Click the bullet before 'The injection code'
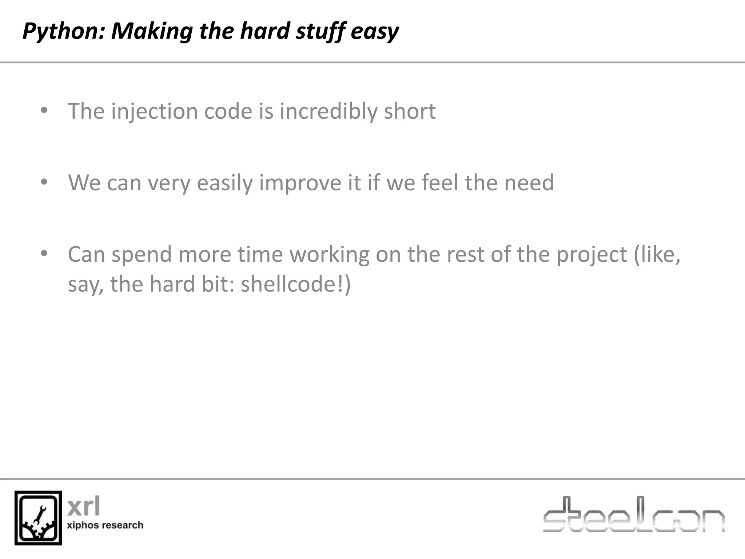44,110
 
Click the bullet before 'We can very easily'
44,182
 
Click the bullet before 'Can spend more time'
44,254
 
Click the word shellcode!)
295,284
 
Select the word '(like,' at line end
657,254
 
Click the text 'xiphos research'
105,525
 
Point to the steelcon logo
633,515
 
